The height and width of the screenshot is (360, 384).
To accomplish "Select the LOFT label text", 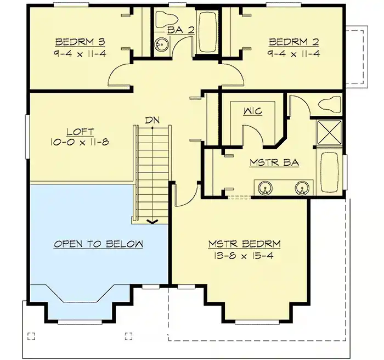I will (x=81, y=132).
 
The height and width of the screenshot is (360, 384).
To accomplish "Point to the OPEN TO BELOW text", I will (x=98, y=244).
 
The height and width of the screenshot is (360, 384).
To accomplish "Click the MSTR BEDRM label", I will (x=244, y=244).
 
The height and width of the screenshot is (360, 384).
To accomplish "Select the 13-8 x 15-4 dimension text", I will (x=244, y=256).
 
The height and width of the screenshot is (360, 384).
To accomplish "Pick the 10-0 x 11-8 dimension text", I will (x=81, y=142).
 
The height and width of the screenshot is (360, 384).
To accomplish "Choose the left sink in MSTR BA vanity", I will (x=265, y=188).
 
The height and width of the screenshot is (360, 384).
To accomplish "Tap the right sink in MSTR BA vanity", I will (x=301, y=188).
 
